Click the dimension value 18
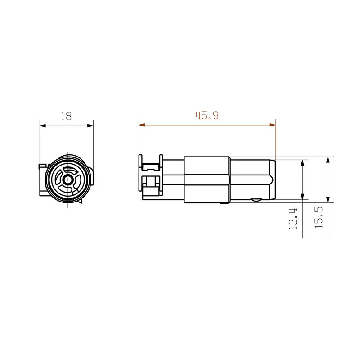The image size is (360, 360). coord(66,116)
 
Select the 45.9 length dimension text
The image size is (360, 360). coord(207,116)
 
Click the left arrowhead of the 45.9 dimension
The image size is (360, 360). coord(142,125)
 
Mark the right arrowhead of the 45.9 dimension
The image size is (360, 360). coord(272,125)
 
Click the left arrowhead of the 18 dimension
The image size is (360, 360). coord(43,126)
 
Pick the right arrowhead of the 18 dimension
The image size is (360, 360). coord(90,126)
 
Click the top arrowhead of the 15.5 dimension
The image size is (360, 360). coord(328,160)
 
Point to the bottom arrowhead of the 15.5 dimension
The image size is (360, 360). coord(328,200)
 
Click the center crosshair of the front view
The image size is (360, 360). coord(67,180)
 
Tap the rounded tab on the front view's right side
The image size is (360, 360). coord(92,175)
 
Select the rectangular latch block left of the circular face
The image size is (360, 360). coord(42,180)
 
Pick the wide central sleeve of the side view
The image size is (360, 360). coord(207,179)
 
